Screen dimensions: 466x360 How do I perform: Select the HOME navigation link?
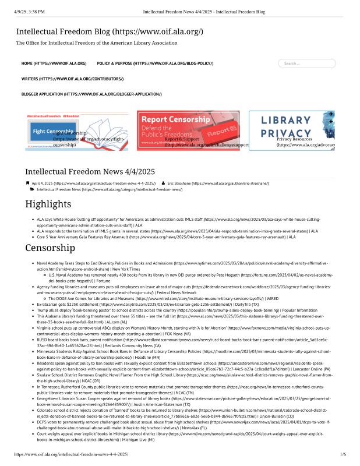click(x=54, y=63)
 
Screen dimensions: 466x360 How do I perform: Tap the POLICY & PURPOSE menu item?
click(x=155, y=63)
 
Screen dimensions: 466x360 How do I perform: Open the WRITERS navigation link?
click(x=72, y=78)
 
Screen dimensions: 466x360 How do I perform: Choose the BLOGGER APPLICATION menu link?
click(x=91, y=94)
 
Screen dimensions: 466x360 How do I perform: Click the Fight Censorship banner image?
click(x=77, y=130)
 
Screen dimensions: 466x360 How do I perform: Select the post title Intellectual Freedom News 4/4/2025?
click(x=90, y=172)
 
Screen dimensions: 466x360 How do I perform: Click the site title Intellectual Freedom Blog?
click(x=110, y=31)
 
